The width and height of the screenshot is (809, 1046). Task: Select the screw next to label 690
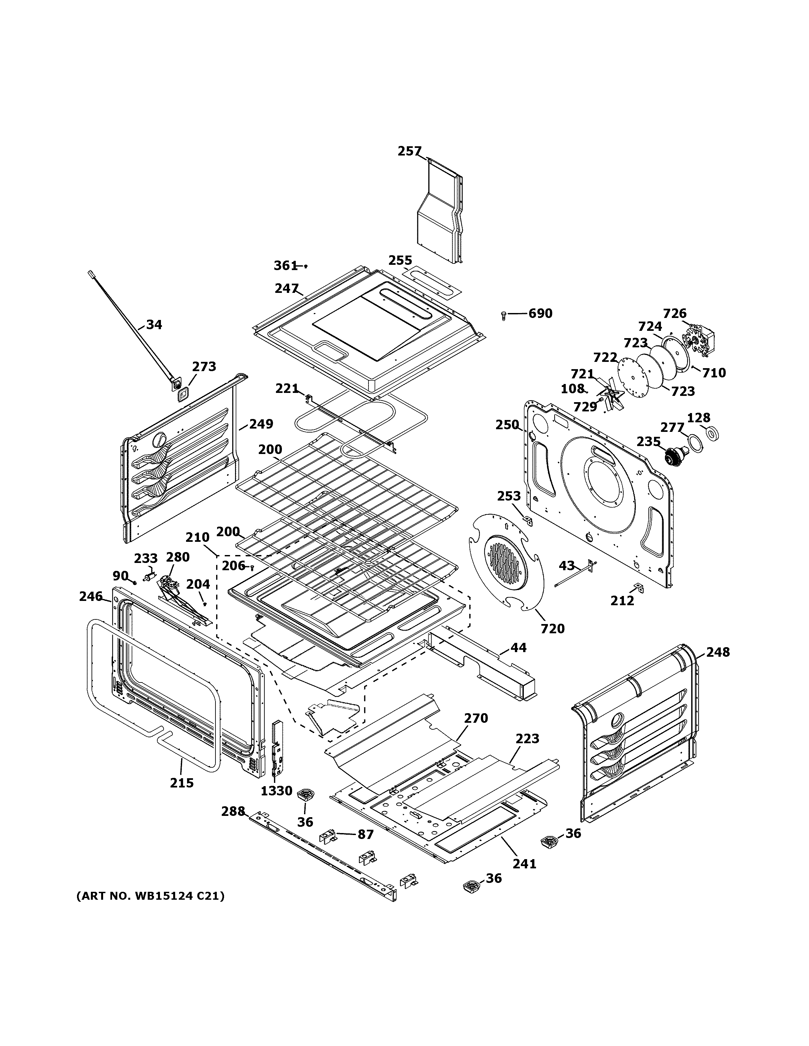click(x=503, y=315)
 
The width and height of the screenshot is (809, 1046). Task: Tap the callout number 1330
click(x=276, y=791)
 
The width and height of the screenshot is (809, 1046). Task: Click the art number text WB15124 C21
click(x=150, y=896)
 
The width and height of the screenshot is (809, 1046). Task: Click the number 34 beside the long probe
click(x=154, y=325)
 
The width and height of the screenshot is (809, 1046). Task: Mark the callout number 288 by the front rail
click(x=233, y=811)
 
